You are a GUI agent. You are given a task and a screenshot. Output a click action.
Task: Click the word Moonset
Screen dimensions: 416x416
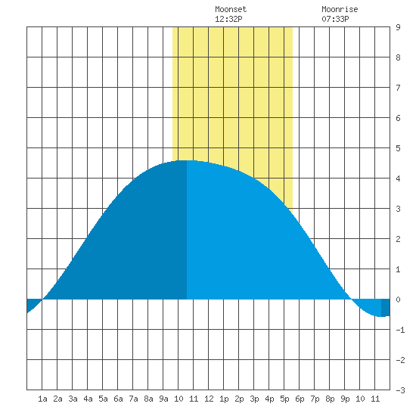[x=231, y=9]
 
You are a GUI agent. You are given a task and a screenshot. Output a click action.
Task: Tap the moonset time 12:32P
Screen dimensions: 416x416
[x=228, y=19]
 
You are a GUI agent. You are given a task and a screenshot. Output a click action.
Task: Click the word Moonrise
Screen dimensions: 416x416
[x=340, y=9]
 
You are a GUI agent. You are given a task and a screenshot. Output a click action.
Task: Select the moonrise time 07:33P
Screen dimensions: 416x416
[x=335, y=19]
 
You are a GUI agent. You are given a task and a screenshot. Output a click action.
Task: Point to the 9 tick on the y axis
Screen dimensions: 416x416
[x=398, y=27]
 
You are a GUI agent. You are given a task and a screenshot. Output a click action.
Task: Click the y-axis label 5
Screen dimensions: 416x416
[x=398, y=148]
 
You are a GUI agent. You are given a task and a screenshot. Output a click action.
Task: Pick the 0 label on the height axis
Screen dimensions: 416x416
[x=398, y=300]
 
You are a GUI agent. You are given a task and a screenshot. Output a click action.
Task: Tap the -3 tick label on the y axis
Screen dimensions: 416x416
[x=400, y=390]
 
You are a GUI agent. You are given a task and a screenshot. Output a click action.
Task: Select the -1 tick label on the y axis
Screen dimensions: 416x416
[x=400, y=330]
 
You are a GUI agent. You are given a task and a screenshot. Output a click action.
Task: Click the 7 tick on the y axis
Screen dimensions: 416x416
[x=398, y=88]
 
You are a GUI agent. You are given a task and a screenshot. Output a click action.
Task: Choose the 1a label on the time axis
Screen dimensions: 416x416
[x=42, y=399]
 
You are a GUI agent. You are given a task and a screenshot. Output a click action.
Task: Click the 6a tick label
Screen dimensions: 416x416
[x=118, y=399]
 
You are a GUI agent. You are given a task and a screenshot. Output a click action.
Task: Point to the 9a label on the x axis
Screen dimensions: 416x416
[x=163, y=399]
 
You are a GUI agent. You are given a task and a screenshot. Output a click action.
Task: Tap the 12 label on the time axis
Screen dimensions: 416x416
[x=209, y=399]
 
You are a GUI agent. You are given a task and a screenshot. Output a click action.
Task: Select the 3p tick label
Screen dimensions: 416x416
[x=254, y=399]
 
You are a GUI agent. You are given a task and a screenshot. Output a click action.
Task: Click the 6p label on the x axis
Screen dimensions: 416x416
[x=300, y=399]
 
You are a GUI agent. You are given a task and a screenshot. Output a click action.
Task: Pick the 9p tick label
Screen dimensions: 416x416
[x=345, y=399]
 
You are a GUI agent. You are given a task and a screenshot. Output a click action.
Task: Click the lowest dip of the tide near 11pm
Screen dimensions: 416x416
[x=381, y=316]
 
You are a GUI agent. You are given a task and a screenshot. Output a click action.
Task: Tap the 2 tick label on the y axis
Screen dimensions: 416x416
[x=398, y=239]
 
